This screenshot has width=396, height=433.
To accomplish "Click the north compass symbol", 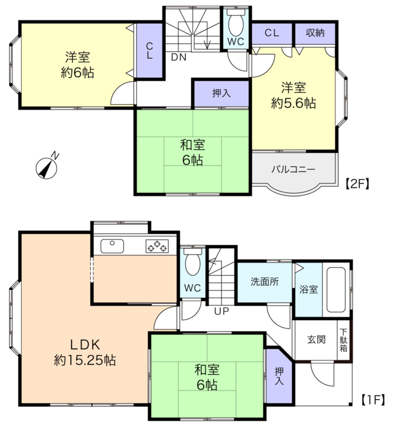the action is (x=47, y=167).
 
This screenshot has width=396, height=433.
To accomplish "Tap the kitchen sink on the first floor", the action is (x=112, y=246).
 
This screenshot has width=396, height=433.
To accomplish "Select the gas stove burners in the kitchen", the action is (x=157, y=246).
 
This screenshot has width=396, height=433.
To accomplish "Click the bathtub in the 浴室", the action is (x=336, y=290).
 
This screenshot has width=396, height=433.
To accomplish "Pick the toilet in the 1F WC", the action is (x=192, y=262).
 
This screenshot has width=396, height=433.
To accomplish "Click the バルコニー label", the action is (x=293, y=169).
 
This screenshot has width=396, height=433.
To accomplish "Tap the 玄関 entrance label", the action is (x=316, y=340).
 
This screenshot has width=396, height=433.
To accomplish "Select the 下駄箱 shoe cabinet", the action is (x=344, y=340).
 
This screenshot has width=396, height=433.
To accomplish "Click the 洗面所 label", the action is (x=264, y=281).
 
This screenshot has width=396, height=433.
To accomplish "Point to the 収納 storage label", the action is (x=315, y=33).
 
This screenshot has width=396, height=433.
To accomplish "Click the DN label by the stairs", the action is (x=179, y=57).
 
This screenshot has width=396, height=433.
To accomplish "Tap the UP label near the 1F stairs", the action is (x=221, y=311).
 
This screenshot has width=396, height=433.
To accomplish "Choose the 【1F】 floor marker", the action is (x=373, y=400).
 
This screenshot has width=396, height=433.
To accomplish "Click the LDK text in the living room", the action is (x=85, y=345).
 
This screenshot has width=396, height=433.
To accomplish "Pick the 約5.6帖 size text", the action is (x=294, y=103).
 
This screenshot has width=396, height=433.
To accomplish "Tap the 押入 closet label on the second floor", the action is (x=221, y=93).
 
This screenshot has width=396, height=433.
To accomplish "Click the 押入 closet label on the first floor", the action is (x=279, y=376).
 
